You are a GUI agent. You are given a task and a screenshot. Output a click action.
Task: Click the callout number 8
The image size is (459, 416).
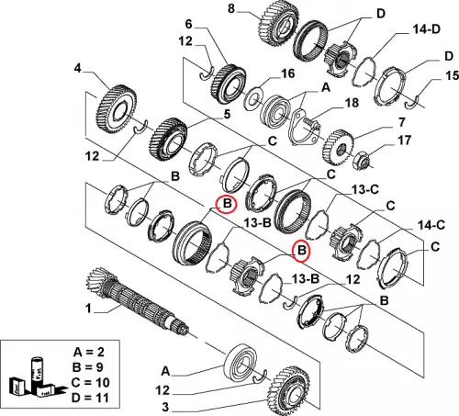[231, 8]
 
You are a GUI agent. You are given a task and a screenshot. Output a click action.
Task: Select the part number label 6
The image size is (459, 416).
[189, 24]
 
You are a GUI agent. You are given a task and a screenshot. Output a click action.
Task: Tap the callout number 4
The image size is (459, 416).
[77, 68]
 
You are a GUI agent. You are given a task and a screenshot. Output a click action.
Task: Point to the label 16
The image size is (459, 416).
[287, 73]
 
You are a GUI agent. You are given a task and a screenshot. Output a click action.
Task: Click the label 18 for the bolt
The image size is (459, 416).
[352, 103]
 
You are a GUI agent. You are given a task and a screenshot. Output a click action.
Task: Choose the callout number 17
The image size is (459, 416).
[404, 141]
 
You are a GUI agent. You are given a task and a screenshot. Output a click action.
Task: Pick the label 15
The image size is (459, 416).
[452, 75]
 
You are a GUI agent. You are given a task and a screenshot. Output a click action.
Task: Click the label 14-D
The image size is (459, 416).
[426, 29]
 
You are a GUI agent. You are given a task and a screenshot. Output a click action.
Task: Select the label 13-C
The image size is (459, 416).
[365, 190]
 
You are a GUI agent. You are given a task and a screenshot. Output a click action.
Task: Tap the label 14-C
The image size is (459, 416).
[431, 226]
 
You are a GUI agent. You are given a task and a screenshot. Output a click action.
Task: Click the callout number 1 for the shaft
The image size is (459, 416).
[88, 309]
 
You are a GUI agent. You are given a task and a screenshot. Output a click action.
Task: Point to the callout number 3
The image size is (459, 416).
[165, 407]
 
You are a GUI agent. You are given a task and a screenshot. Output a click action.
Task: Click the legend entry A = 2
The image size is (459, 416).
[89, 352]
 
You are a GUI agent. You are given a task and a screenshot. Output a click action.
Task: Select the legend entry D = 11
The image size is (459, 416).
[90, 398]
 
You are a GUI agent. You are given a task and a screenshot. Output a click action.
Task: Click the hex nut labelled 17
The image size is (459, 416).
[362, 159]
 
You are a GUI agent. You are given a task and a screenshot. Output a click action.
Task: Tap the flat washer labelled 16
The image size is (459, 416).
[253, 99]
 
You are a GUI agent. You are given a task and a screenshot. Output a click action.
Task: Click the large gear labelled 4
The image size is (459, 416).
[118, 109]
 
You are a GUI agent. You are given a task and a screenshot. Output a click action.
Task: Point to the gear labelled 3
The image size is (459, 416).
[289, 389]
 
